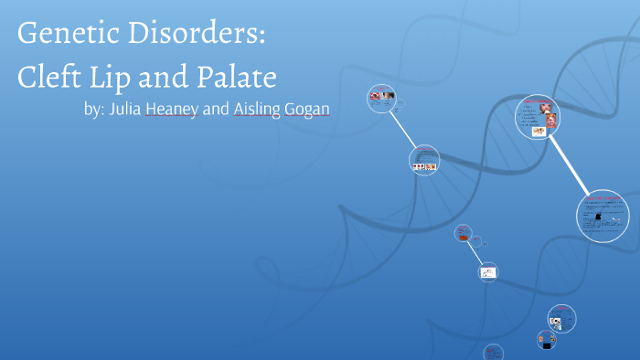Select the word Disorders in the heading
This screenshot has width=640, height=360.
(x=203, y=35)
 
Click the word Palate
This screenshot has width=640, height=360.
(x=239, y=76)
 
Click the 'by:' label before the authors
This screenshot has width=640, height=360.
(x=94, y=109)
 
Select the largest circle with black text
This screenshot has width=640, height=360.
(x=603, y=215)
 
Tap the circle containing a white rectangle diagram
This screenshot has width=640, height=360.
(x=488, y=271)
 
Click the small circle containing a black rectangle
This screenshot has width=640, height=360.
(x=547, y=340)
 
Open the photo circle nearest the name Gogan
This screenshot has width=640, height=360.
(x=380, y=97)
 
